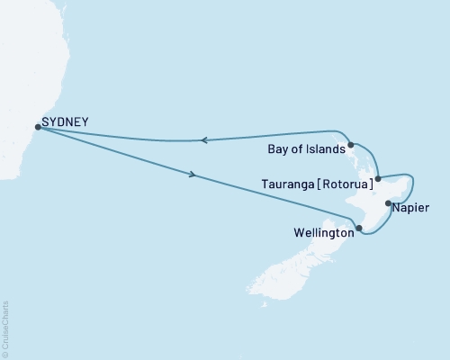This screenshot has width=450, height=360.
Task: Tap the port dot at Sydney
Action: [37, 127]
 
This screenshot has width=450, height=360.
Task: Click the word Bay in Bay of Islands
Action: [278, 151]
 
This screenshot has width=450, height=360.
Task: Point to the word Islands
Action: [322, 151]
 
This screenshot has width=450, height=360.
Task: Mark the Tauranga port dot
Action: [378, 178]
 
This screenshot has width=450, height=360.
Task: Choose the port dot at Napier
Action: [388, 203]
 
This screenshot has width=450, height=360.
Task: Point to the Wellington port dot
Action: [359, 228]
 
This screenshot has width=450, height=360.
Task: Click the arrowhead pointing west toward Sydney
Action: [204, 139]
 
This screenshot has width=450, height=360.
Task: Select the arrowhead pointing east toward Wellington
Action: [193, 175]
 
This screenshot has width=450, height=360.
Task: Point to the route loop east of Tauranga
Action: [407, 180]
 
